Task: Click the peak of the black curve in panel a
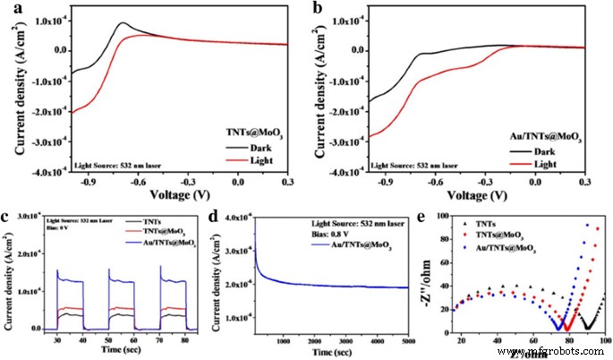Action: [x=123, y=23]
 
